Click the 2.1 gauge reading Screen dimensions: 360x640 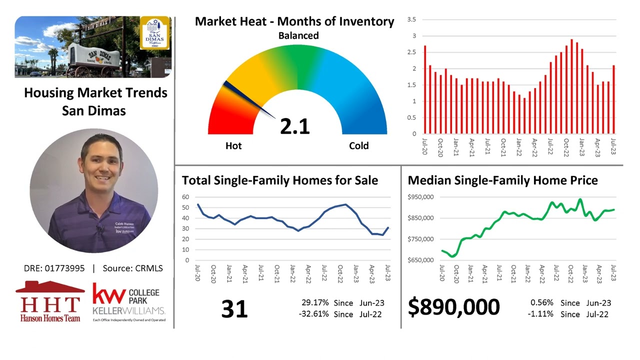295,125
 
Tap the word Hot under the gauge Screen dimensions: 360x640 233,146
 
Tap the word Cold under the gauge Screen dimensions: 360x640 358,146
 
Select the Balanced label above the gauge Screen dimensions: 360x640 298,35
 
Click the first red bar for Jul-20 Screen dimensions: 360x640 425,90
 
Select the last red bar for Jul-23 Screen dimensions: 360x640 613,99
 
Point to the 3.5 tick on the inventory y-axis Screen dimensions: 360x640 412,19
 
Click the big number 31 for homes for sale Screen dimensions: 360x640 234,309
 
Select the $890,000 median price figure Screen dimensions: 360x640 453,307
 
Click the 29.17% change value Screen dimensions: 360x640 315,303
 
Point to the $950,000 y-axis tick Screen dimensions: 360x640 421,197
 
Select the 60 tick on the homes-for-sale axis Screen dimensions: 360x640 185,197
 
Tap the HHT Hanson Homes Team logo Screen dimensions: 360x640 50,301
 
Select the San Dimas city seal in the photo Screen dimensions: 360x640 154,33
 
